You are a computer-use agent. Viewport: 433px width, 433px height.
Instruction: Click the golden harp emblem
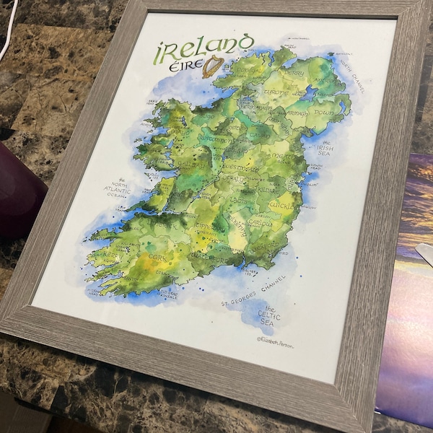pos(212,66)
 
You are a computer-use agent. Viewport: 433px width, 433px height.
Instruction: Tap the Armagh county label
pos(297,113)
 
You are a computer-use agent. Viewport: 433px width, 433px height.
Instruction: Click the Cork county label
pos(157,256)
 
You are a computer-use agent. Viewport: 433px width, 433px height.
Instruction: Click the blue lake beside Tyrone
pos(310,92)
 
